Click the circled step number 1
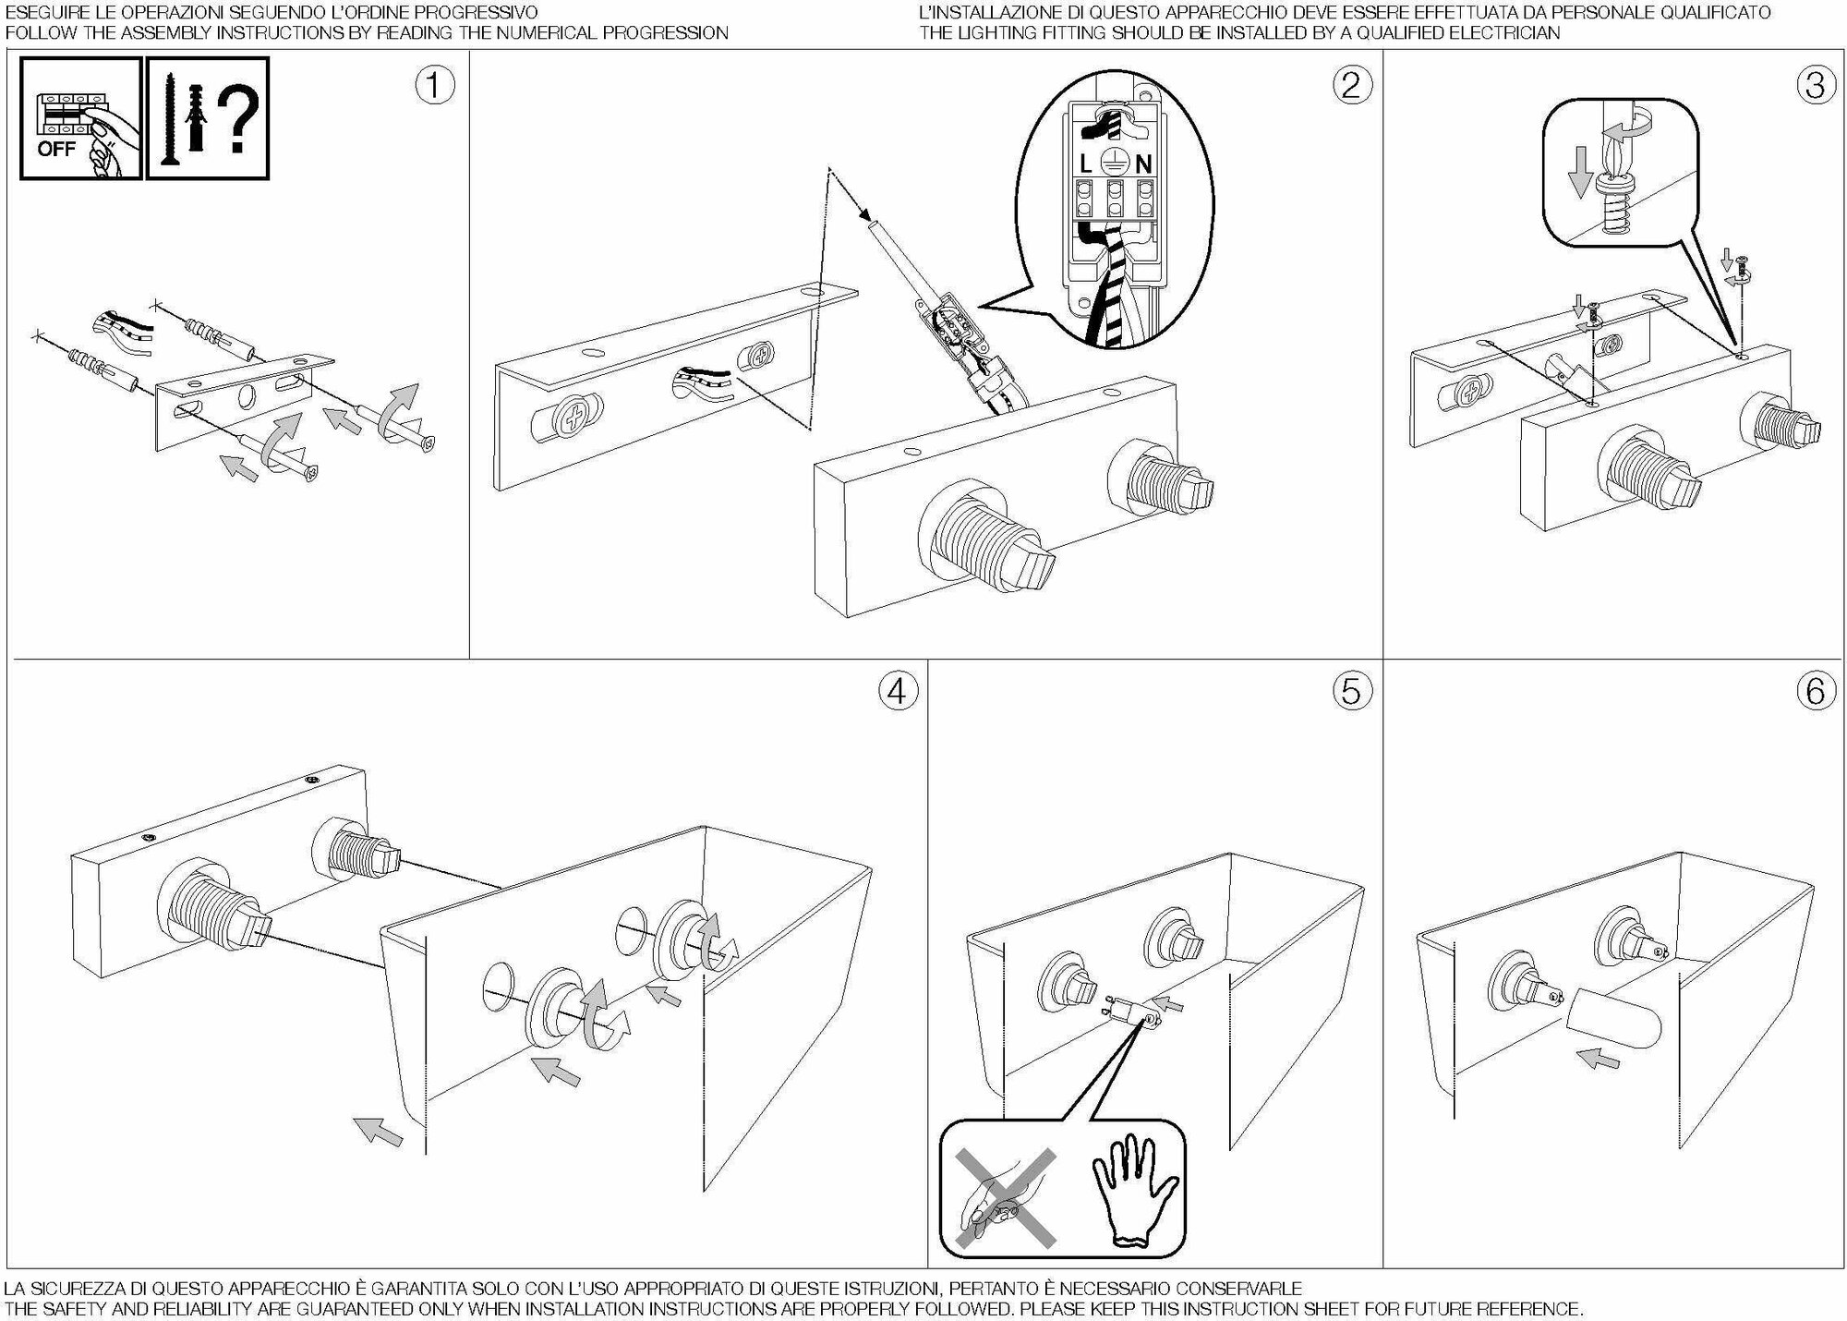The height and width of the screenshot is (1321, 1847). [435, 86]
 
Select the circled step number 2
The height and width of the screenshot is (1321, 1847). [1351, 86]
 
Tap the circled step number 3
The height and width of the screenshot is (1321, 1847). [1815, 86]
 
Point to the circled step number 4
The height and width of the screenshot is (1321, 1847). [899, 691]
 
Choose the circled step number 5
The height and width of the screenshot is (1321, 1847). [1351, 691]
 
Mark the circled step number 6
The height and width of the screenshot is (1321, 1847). [1815, 691]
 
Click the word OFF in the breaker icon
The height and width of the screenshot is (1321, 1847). [55, 149]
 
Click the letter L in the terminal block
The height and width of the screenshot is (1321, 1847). [1086, 164]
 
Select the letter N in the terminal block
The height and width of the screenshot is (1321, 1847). [1143, 164]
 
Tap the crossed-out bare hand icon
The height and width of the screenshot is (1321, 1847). [1006, 1198]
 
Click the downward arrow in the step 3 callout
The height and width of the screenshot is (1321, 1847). [1581, 172]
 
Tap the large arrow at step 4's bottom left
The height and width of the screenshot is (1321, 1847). [379, 1130]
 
